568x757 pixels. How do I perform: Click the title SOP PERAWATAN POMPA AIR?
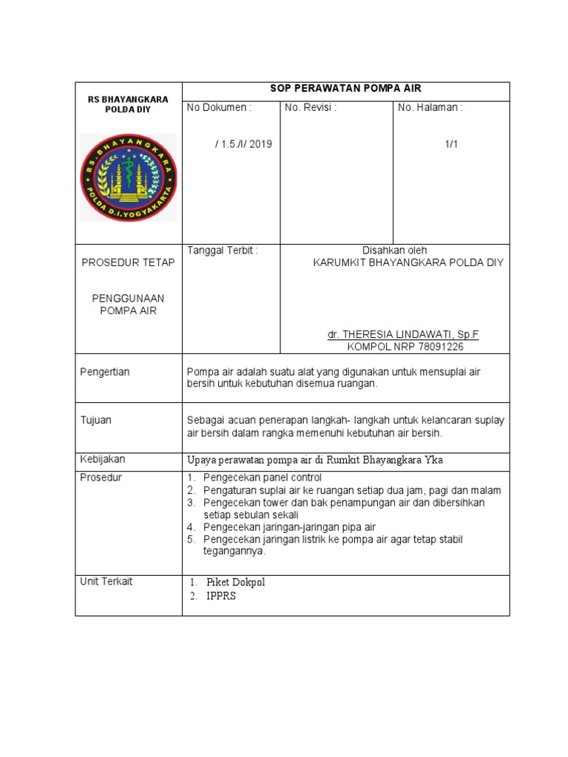(345, 88)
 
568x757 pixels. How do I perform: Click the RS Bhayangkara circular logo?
(128, 177)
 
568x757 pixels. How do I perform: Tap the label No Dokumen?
(219, 108)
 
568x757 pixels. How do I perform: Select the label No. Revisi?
(311, 108)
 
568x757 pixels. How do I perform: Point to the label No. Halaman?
(430, 108)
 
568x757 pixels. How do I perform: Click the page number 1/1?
(451, 144)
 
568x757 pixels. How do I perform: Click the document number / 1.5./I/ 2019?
(243, 144)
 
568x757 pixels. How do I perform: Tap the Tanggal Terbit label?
(223, 251)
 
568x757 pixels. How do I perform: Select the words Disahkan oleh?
(394, 251)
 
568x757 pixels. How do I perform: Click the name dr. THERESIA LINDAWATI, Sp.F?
(403, 334)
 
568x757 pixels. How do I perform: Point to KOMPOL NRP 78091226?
(405, 346)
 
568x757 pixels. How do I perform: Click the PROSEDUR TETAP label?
(128, 262)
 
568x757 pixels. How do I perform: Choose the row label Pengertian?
(104, 372)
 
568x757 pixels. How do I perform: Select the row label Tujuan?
(95, 420)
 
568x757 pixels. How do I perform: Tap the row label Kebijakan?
(102, 459)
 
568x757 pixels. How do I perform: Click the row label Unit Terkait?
(106, 581)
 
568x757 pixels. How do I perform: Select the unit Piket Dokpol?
(235, 583)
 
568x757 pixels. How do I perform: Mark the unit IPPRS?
(221, 596)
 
